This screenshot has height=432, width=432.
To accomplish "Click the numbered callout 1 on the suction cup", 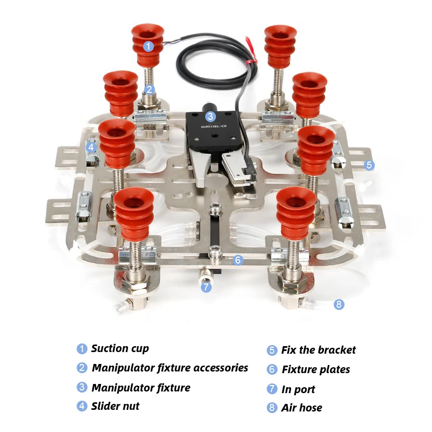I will [148, 46].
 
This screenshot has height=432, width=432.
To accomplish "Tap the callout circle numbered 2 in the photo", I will [150, 90].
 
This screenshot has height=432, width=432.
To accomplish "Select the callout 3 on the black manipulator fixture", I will [210, 116].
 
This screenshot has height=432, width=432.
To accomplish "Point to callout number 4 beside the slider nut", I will [91, 146].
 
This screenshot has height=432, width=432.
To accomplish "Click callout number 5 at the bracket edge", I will [369, 165].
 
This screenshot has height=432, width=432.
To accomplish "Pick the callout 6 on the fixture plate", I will [238, 260].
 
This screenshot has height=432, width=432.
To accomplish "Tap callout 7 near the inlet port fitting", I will [206, 287].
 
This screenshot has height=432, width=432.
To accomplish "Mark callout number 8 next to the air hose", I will [339, 304].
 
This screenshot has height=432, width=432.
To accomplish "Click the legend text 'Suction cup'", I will [120, 348].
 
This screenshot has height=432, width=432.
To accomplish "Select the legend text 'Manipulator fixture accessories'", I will [170, 368].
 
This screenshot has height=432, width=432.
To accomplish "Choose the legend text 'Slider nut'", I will [115, 406].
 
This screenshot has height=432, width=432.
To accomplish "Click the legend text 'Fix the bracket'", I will [319, 350].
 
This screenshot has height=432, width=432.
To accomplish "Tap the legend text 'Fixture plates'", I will [316, 369].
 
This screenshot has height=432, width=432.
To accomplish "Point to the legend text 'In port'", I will [298, 389].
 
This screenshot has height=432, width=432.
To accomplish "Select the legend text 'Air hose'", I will [301, 408].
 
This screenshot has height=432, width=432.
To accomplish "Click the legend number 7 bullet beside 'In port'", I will [272, 389].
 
